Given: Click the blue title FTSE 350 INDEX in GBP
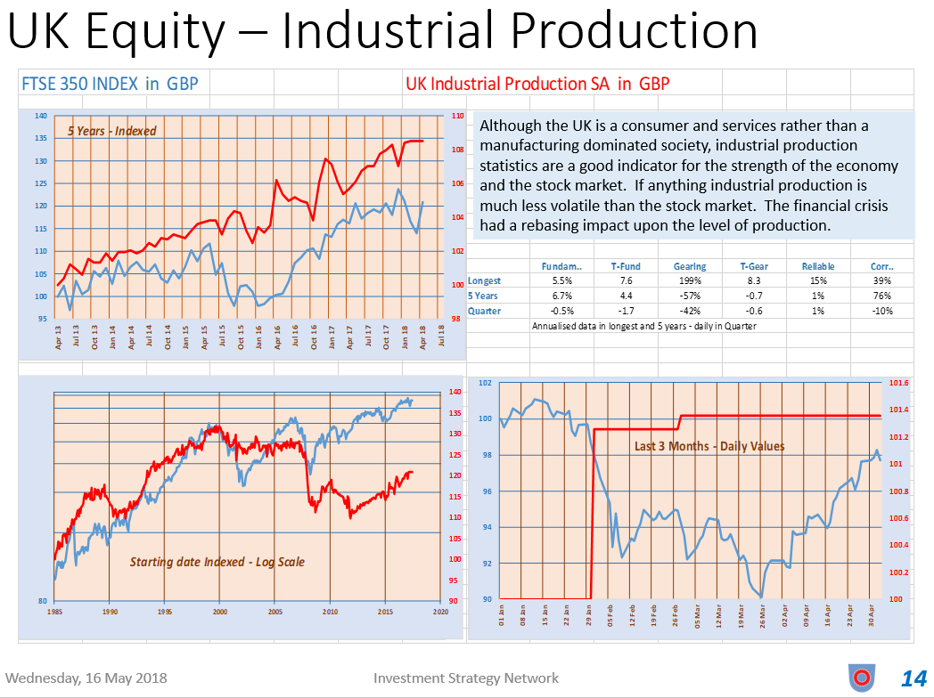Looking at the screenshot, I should (110, 85).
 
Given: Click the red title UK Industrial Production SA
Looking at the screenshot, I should (537, 85).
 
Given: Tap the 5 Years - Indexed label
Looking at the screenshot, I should (112, 131).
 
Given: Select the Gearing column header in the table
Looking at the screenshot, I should (690, 266).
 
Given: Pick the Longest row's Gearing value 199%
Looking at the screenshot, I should (690, 281).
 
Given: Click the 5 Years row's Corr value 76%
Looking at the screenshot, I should (882, 296).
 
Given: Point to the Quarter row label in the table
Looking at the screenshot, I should (485, 312).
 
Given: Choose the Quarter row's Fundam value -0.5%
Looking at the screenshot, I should (562, 312).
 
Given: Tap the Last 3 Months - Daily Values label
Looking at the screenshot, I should (709, 446).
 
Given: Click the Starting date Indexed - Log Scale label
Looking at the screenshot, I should (217, 562).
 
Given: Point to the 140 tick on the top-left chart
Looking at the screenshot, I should (41, 116).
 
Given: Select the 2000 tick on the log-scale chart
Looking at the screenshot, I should (220, 613).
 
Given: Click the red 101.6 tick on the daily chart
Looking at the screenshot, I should (899, 383).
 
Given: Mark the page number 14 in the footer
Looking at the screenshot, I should (914, 678).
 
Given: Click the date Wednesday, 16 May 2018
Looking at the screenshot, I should (85, 678).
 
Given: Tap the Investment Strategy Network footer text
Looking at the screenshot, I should (466, 678).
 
